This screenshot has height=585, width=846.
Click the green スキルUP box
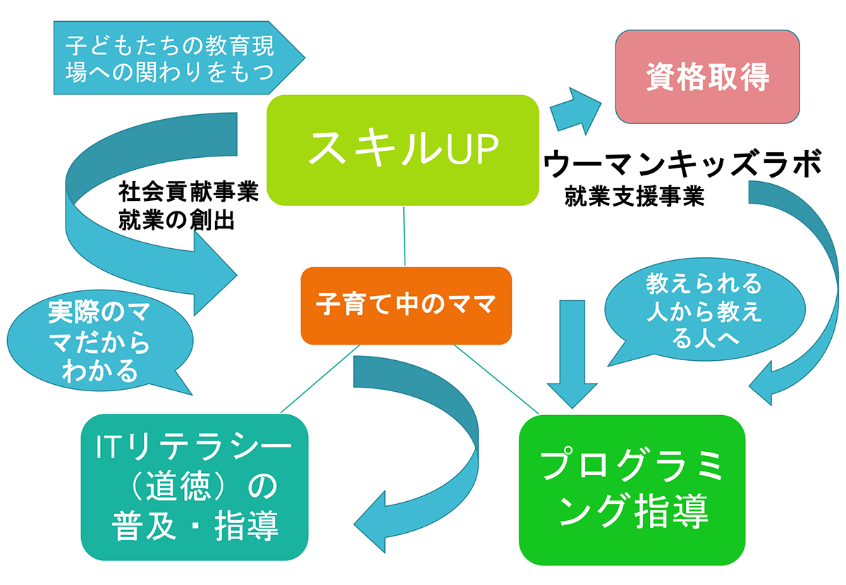403,150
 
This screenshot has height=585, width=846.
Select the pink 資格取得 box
707,77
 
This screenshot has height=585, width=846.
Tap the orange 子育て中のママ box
406,305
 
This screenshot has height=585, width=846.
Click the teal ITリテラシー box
195,487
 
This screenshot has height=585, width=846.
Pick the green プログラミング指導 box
632,490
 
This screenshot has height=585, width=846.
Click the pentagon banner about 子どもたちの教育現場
179,58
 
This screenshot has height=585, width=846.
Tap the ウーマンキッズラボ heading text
683,163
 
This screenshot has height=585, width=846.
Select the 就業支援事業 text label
634,196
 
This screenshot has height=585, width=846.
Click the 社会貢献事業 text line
188,192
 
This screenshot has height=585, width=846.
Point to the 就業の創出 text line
176,220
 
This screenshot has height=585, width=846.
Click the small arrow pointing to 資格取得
575,111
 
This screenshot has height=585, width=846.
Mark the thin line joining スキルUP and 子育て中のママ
404,236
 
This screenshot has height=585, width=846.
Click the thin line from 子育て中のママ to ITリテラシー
320,378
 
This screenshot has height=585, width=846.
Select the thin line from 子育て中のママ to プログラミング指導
496,379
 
